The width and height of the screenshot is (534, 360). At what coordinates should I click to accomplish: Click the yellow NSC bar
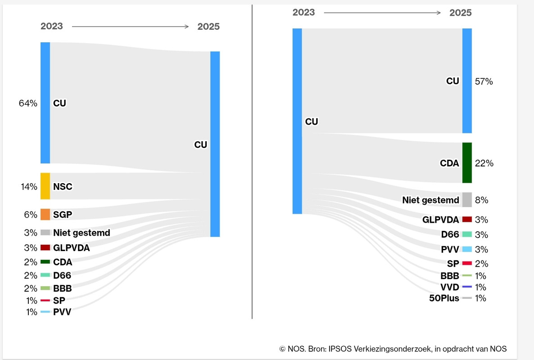pyautogui.click(x=45, y=186)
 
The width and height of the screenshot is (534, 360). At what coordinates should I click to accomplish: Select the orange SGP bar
pyautogui.click(x=45, y=214)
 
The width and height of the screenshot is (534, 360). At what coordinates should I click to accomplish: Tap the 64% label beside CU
pyautogui.click(x=28, y=103)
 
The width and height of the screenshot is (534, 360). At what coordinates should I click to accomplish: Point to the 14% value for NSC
pyautogui.click(x=29, y=186)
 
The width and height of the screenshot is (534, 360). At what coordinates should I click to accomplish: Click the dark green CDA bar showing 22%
pyautogui.click(x=467, y=163)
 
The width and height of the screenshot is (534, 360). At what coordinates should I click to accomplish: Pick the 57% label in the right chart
pyautogui.click(x=484, y=81)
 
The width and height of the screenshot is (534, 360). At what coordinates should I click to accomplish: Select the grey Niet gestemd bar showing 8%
pyautogui.click(x=467, y=200)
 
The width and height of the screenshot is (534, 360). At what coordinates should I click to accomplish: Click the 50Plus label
pyautogui.click(x=444, y=298)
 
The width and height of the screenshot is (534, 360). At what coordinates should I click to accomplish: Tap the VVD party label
pyautogui.click(x=450, y=287)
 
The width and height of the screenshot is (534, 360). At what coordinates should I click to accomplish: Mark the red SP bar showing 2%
pyautogui.click(x=467, y=263)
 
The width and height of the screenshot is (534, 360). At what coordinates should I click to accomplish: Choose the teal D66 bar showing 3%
pyautogui.click(x=467, y=234)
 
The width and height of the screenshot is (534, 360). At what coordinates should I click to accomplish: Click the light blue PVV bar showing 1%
pyautogui.click(x=45, y=312)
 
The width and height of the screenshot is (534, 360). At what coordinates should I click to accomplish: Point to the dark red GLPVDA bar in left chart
pyautogui.click(x=45, y=247)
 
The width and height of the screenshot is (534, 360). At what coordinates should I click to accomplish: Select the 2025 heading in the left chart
pyautogui.click(x=208, y=27)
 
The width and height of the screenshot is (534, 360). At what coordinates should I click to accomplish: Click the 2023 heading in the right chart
pyautogui.click(x=304, y=12)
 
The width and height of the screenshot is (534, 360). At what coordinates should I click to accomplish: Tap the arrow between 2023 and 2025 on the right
pyautogui.click(x=382, y=13)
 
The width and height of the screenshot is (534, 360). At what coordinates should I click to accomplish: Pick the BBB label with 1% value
pyautogui.click(x=450, y=276)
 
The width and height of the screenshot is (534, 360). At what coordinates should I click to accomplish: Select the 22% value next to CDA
pyautogui.click(x=484, y=163)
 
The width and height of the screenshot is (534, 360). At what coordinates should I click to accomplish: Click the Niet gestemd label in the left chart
pyautogui.click(x=81, y=233)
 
